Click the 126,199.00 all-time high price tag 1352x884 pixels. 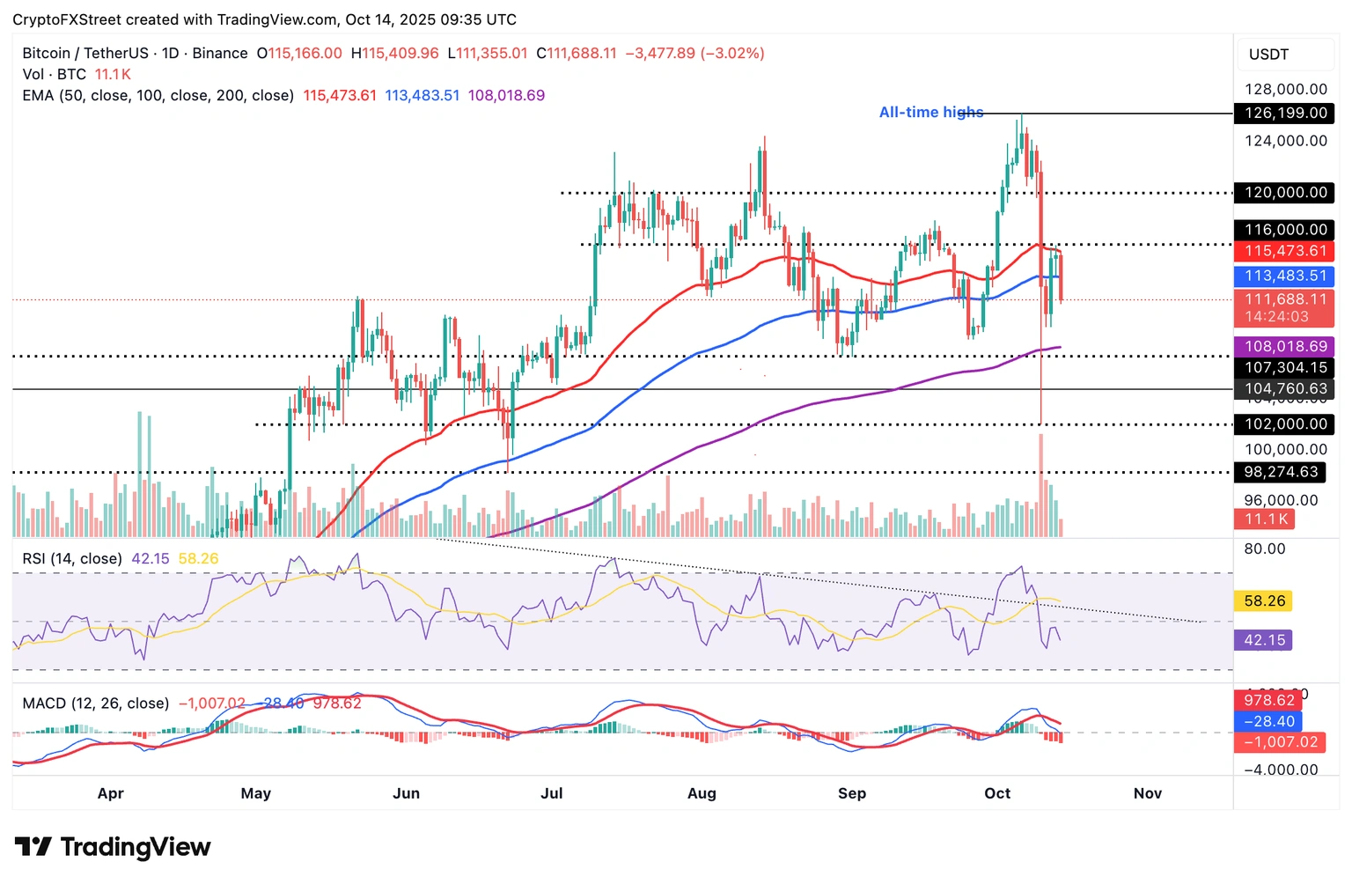pos(1284,113)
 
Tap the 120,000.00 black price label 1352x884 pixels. pos(1284,192)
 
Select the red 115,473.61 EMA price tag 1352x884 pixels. pos(1284,251)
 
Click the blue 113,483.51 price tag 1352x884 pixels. pos(1284,276)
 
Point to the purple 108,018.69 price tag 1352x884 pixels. pos(1284,346)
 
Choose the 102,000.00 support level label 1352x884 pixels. pos(1284,424)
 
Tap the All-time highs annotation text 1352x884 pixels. pos(930,112)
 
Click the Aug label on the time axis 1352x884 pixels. pos(702,793)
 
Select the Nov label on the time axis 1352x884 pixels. pos(1148,793)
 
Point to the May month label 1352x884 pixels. pos(256,793)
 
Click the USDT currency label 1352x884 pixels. pos(1268,55)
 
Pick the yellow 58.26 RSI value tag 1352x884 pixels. pos(1265,600)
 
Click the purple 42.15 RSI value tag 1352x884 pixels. pos(1263,640)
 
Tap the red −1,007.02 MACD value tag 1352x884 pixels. pos(1280,742)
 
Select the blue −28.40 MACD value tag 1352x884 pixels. pos(1268,721)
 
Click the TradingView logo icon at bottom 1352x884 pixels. pos(33,847)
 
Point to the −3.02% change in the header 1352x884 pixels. pos(732,53)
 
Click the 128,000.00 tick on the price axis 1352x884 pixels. pos(1285,89)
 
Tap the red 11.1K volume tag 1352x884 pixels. pos(1266,519)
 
